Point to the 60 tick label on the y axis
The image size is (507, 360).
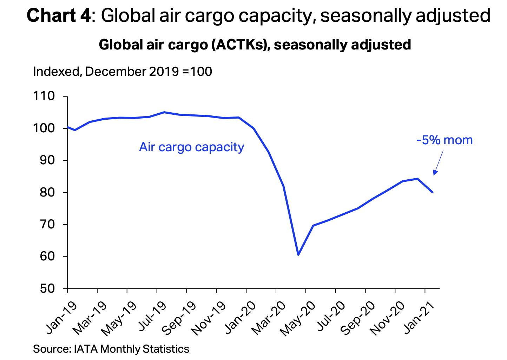tap(45, 256)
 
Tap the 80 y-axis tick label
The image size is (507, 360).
tap(45, 192)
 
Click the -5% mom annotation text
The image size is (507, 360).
tap(445, 140)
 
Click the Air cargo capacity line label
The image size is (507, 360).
tap(192, 147)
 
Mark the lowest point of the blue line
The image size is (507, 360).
tap(298, 255)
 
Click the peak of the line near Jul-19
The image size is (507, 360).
tap(164, 112)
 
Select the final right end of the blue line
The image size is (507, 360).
tap(433, 192)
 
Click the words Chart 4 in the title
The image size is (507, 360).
tap(59, 16)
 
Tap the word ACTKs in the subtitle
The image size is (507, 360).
tap(239, 45)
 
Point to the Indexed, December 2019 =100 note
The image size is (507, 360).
tap(123, 72)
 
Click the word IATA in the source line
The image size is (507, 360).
tap(86, 349)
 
